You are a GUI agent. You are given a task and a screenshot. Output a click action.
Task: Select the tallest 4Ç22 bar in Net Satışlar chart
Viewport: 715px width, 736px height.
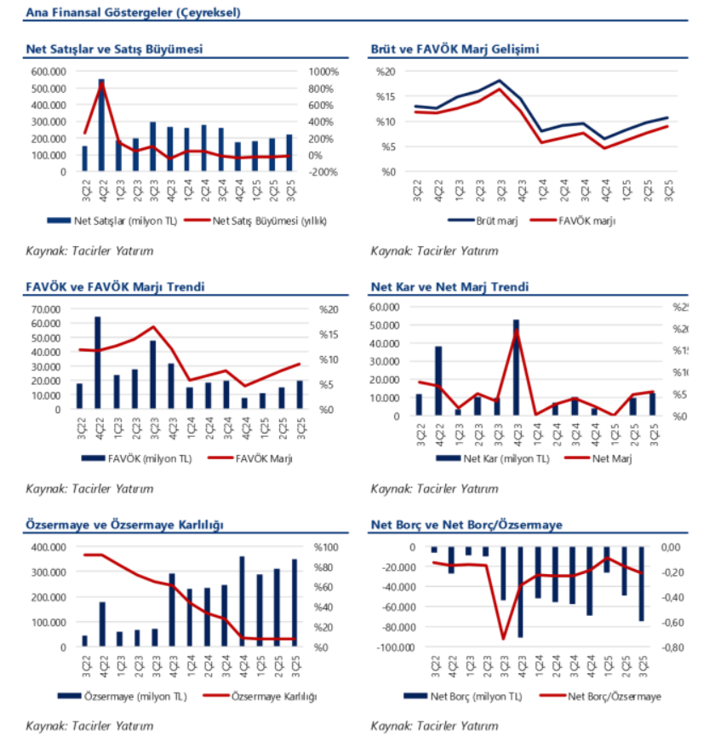(102, 125)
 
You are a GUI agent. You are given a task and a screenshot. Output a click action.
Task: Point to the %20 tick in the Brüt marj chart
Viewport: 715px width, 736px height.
(386, 72)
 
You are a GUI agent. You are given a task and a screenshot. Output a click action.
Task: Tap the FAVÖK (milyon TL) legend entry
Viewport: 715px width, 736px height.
(148, 459)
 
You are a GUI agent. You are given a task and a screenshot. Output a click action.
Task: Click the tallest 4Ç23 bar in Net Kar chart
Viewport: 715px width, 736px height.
(516, 367)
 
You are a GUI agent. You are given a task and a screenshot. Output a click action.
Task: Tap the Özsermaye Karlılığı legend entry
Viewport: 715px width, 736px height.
(272, 696)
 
